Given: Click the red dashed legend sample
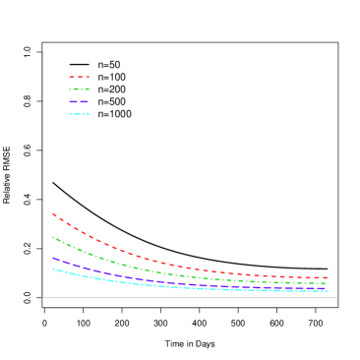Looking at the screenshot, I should [x=79, y=77].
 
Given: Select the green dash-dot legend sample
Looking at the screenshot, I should [x=79, y=90].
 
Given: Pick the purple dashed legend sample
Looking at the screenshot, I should [x=79, y=101].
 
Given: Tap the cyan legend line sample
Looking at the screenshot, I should [x=79, y=114].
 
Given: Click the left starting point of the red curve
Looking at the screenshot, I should [x=53, y=213].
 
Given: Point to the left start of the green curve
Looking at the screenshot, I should [x=53, y=237].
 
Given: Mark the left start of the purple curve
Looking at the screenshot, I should [x=53, y=258].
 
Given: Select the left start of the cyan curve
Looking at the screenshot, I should [x=53, y=269].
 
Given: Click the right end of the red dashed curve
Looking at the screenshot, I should [x=328, y=278].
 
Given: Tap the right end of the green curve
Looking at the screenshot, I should [x=328, y=284].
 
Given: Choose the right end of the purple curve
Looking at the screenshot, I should [x=328, y=288].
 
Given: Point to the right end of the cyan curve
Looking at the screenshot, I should [x=328, y=291].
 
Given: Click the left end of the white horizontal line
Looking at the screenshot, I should [x=43, y=297].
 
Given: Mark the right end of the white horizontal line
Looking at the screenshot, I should [x=337, y=297].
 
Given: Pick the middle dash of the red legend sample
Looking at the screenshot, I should [x=79, y=77].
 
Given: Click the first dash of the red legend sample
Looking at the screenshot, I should [x=71, y=77].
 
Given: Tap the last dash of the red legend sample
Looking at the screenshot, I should [x=88, y=77].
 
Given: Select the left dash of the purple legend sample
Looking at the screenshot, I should [x=73, y=101].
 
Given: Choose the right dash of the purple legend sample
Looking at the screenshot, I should [x=85, y=101].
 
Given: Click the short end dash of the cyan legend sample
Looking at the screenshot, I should [x=89, y=114].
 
